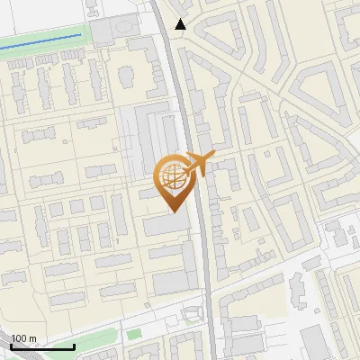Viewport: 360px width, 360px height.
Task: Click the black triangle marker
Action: [181, 24]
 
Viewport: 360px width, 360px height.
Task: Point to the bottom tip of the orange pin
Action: [172, 211]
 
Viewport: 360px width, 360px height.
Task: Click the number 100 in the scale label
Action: [19, 338]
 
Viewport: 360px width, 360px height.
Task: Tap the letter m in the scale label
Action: [32, 338]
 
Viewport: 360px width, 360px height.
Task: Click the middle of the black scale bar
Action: [43, 346]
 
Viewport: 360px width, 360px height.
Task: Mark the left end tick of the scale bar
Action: [12, 345]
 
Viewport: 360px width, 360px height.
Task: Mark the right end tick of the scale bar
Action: [75, 345]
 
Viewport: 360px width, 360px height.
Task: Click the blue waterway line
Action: [45, 40]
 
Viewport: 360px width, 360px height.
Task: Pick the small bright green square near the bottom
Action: [133, 336]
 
